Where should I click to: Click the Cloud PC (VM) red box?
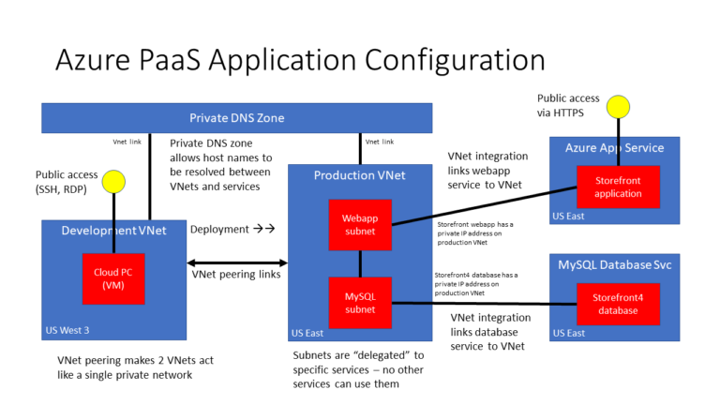113,278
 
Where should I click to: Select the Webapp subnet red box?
359,225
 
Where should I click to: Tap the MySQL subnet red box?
359,302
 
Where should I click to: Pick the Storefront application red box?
618,187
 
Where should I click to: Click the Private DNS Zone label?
236,118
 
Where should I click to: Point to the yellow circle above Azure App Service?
617,105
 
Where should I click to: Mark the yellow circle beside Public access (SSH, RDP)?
113,180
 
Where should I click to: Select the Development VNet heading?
113,231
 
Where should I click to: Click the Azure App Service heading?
614,148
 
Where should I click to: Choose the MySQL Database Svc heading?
614,265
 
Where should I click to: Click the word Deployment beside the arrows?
219,229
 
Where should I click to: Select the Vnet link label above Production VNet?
380,142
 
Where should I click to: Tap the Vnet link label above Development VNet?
127,142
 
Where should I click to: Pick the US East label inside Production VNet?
309,333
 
